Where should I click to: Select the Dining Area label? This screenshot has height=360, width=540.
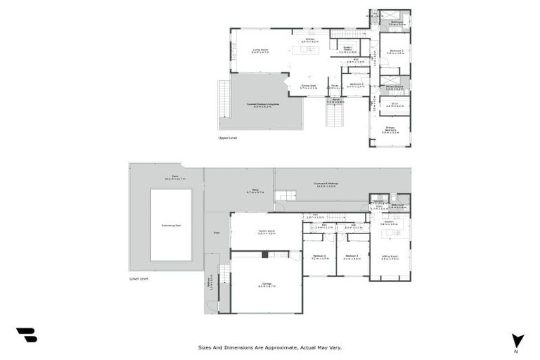309,86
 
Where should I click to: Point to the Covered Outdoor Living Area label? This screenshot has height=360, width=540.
262,105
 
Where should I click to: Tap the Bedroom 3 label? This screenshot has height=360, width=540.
357,84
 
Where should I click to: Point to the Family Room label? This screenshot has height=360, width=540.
266,232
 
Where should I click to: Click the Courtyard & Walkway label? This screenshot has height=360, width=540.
328,185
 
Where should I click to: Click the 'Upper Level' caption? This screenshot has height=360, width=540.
227,138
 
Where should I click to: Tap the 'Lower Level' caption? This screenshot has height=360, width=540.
139,278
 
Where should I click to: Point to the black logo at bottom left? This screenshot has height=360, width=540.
27,335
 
